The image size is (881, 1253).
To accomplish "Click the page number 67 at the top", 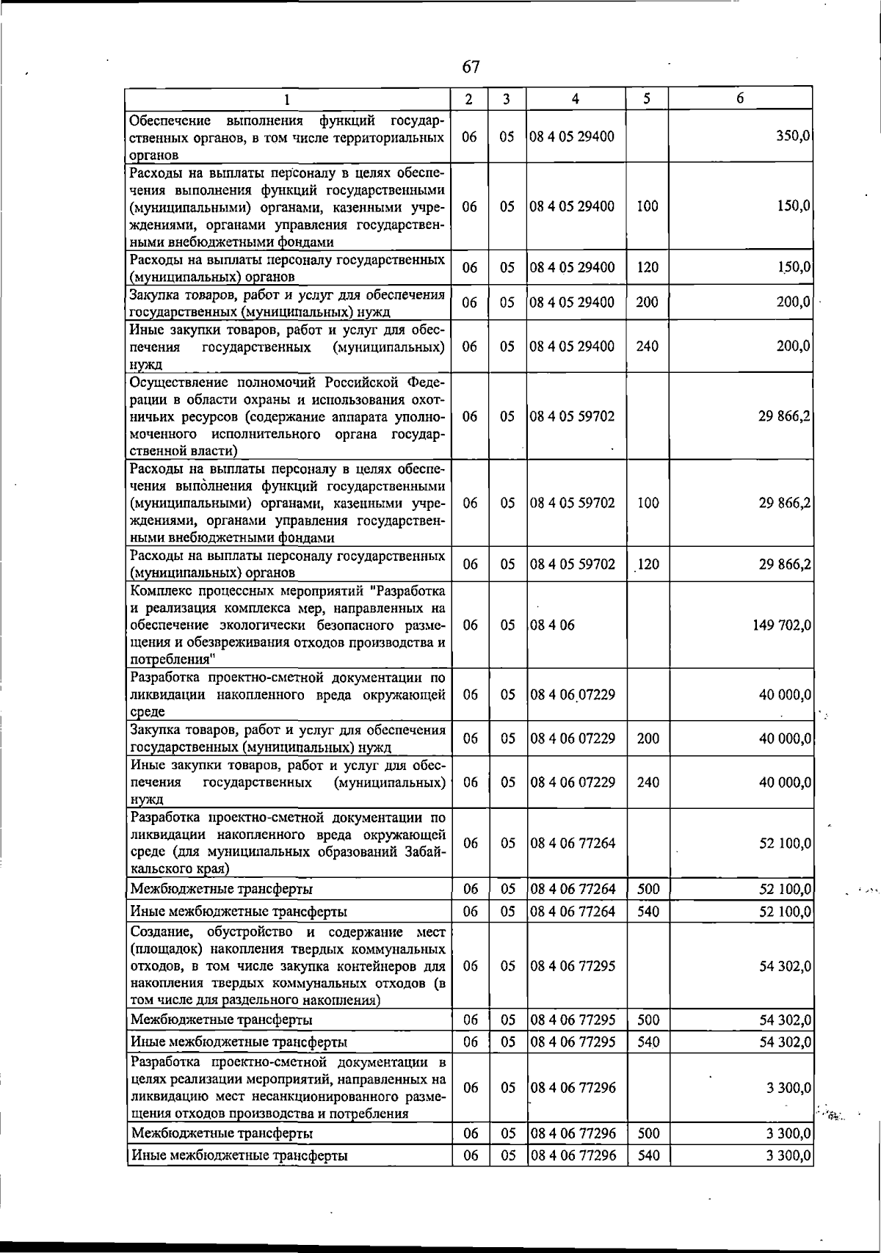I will point(471,68).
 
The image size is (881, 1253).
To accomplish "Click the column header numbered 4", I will point(576,99).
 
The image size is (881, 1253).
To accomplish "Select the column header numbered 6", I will point(740,98).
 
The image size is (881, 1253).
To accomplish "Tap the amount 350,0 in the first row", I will point(792,137).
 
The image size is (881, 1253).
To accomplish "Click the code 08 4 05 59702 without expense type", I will point(573,416).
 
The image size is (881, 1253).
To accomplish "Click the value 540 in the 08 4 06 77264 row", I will point(648,912).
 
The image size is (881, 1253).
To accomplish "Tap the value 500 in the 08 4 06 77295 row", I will point(648,1020).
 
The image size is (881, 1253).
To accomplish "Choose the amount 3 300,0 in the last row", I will point(788,1156).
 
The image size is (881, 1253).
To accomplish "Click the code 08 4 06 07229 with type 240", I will point(573,782).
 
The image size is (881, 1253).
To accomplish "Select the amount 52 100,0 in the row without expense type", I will point(785,843).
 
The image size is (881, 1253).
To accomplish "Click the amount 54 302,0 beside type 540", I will point(785,1042).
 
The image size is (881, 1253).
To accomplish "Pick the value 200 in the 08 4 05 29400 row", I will point(647,302).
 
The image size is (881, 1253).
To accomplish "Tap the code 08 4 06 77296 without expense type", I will point(573,1088).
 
